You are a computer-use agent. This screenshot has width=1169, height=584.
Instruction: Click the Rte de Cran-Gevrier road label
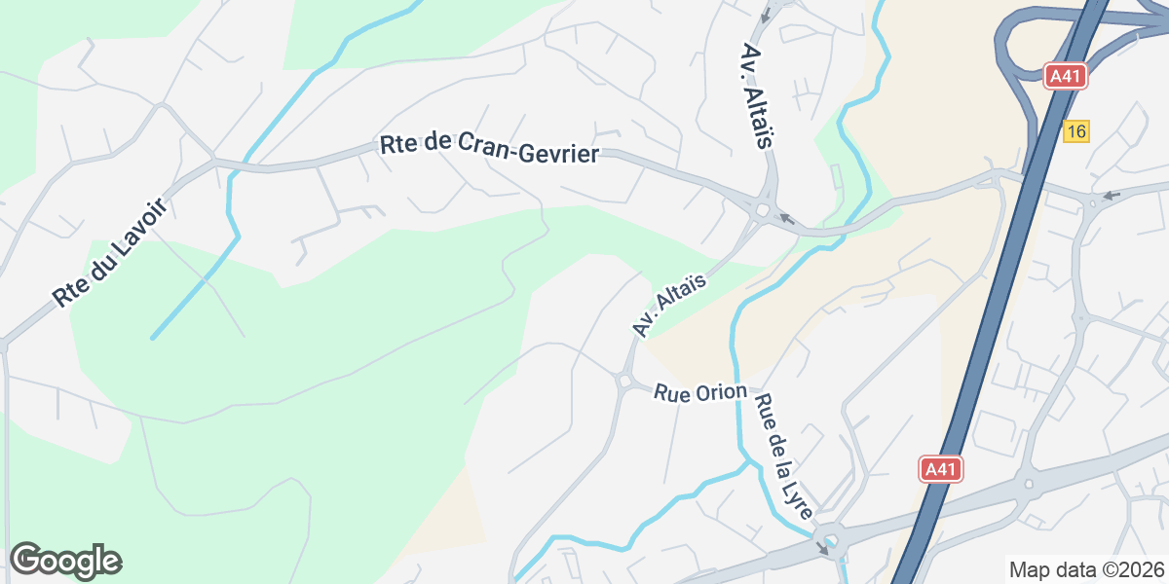click(x=489, y=149)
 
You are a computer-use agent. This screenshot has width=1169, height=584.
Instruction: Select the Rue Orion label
click(x=700, y=393)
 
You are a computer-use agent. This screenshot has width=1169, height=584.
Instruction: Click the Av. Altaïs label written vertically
click(x=757, y=95)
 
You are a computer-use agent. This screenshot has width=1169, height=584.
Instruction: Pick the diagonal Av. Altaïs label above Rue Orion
click(x=668, y=305)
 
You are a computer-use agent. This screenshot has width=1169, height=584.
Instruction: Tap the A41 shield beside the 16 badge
click(x=1065, y=77)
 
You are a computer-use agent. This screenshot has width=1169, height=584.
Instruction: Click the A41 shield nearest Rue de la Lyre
click(x=941, y=469)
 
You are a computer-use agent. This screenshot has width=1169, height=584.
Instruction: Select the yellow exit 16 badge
click(x=1075, y=131)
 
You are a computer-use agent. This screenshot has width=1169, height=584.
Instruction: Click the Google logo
click(x=65, y=561)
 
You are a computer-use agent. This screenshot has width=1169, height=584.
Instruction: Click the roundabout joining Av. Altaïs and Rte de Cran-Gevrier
click(x=762, y=208)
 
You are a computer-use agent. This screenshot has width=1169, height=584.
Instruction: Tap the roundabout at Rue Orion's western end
click(x=623, y=382)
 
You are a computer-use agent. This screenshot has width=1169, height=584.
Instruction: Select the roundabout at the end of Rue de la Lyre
click(x=831, y=540)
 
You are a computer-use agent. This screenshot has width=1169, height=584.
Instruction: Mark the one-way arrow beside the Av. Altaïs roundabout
click(x=787, y=220)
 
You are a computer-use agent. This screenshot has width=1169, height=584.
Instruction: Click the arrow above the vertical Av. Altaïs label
click(x=766, y=14)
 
